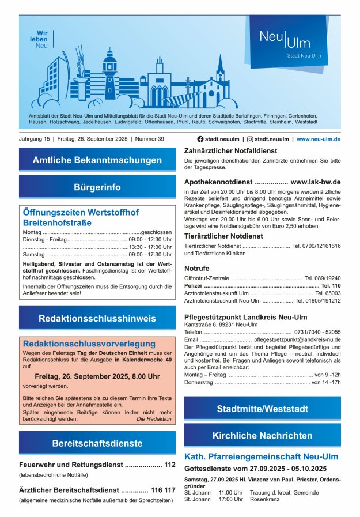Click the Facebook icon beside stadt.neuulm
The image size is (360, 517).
pyautogui.click(x=200, y=139)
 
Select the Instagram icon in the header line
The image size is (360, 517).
pyautogui.click(x=250, y=139)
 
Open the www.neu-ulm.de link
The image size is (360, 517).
pyautogui.click(x=319, y=139)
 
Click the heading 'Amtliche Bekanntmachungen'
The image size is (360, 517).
pyautogui.click(x=97, y=160)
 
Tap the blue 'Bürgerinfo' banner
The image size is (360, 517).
pyautogui.click(x=97, y=187)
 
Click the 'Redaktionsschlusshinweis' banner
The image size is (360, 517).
pyautogui.click(x=97, y=318)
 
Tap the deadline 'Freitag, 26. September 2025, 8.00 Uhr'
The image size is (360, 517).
pyautogui.click(x=97, y=376)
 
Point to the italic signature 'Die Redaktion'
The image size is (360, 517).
pyautogui.click(x=154, y=419)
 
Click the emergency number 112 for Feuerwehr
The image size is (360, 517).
pyautogui.click(x=170, y=465)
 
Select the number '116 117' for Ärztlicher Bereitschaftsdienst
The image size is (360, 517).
pyautogui.click(x=163, y=490)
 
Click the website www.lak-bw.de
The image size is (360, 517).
pyautogui.click(x=316, y=182)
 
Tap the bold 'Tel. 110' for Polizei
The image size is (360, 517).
pyautogui.click(x=331, y=285)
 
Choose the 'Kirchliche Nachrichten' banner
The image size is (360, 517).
pyautogui.click(x=262, y=436)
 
